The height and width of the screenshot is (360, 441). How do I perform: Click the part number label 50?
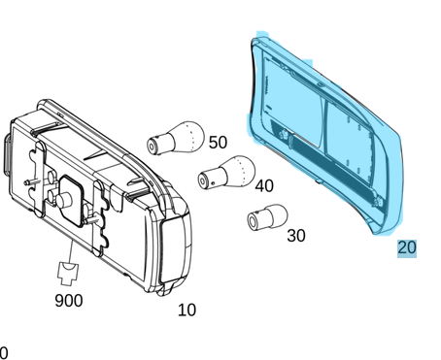point(218,143)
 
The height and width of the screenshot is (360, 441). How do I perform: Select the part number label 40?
point(264,186)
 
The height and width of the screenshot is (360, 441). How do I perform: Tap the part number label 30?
point(296,236)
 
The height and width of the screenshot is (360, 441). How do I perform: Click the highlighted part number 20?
point(407,247)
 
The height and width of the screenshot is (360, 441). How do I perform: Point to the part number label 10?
point(187,310)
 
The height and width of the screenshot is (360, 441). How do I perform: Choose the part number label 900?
point(69,301)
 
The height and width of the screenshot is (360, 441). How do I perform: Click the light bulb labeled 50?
point(176,138)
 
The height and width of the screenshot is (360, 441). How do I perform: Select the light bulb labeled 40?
point(226,172)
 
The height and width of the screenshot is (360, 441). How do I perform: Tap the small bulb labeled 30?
point(267,217)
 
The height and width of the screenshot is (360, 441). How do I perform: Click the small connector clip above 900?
point(68,274)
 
